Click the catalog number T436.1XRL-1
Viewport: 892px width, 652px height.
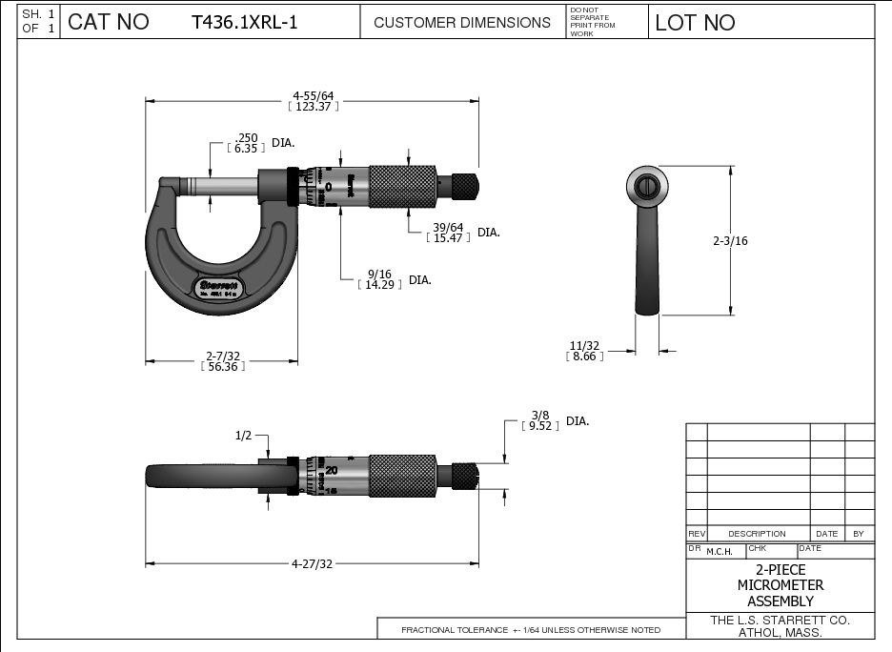click(244, 22)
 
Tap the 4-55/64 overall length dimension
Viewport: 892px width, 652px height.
click(314, 95)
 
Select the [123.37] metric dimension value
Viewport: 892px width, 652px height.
click(314, 107)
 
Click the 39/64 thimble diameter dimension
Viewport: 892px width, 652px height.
click(448, 227)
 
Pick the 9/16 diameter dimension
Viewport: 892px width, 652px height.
click(377, 275)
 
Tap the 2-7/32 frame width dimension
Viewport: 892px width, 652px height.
click(224, 357)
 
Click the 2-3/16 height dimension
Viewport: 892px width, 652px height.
click(730, 241)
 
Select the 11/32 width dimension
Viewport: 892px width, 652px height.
click(584, 345)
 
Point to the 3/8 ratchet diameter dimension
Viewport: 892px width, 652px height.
click(539, 416)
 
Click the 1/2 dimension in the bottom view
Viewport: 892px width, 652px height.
click(243, 435)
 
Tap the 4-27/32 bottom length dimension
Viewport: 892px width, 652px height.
click(312, 563)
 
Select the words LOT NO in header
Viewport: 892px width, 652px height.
click(695, 22)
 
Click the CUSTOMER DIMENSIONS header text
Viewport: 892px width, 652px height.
click(462, 22)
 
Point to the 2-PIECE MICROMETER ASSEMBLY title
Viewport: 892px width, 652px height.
click(780, 585)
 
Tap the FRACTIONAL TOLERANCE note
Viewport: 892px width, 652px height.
click(531, 630)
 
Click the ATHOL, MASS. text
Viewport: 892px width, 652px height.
click(780, 633)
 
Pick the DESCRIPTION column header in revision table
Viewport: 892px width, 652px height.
click(757, 534)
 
